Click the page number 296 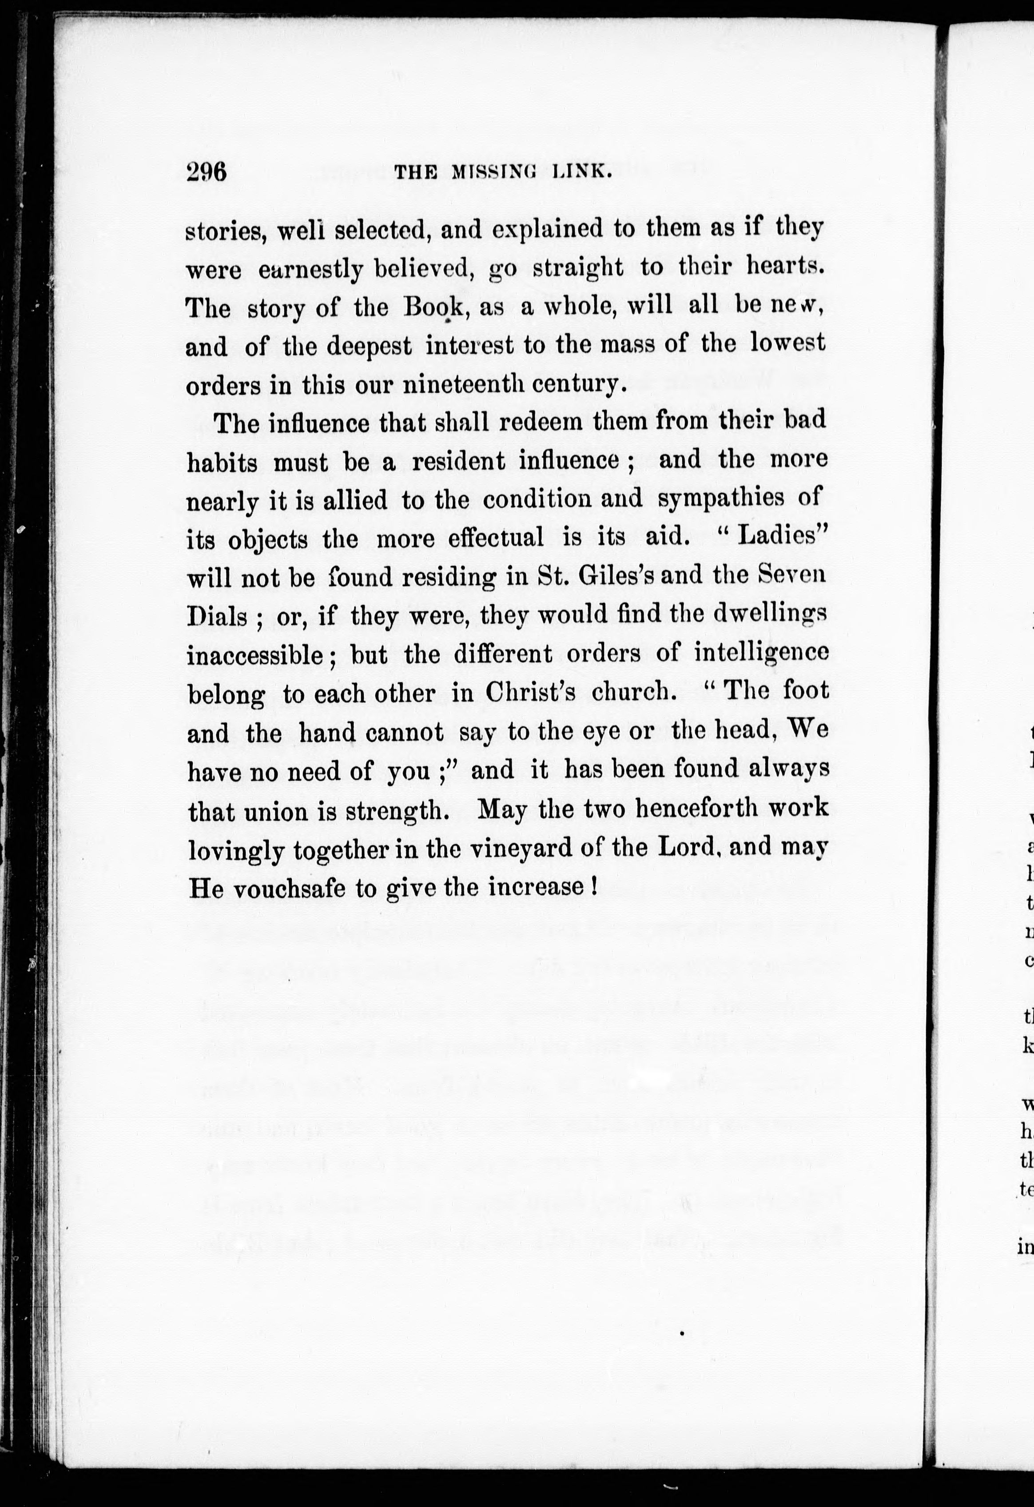click(206, 172)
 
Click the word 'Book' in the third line click(433, 306)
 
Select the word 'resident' click(458, 461)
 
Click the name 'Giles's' click(615, 576)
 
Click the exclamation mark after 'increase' click(594, 886)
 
